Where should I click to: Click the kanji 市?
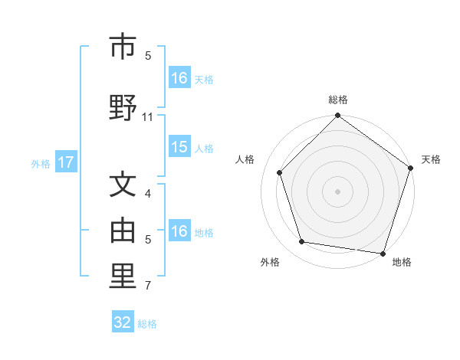[x=123, y=47]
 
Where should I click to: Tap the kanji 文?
[x=123, y=187]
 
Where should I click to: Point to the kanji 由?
[x=123, y=231]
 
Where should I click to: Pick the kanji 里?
[x=123, y=277]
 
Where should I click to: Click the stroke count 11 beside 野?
[x=148, y=116]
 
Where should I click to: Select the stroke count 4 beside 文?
[x=148, y=195]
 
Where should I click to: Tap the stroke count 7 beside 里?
[x=148, y=286]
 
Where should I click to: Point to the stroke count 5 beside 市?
[x=148, y=56]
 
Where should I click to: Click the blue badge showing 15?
[x=179, y=148]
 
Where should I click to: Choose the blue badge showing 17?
[x=65, y=162]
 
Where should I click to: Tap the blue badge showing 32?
[x=123, y=322]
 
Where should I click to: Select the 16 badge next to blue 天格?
[x=179, y=78]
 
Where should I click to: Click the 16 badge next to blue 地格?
[x=179, y=232]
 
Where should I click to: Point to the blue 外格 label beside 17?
[x=41, y=163]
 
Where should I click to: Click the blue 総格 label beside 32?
[x=147, y=324]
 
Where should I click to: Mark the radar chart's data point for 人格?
[x=280, y=172]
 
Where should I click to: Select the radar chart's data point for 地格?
[x=383, y=253]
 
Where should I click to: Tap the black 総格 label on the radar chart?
[x=338, y=100]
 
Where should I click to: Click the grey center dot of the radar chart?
[x=337, y=191]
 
